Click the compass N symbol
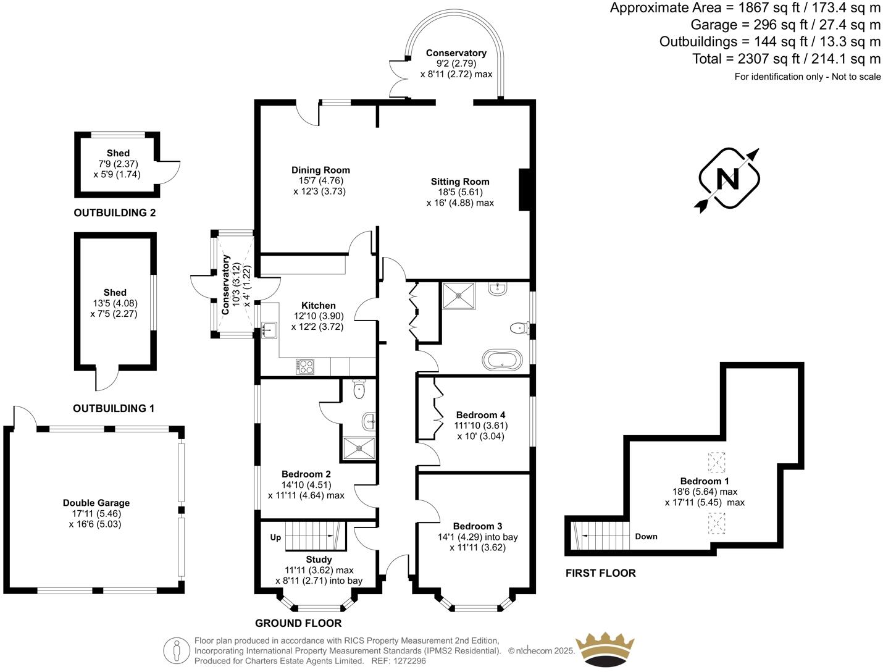point(728,180)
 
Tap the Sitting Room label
point(460,182)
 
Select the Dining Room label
point(320,170)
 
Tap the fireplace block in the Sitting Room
point(524,190)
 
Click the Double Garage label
point(96,503)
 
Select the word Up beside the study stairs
point(275,537)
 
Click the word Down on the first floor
point(646,536)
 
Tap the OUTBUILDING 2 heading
point(115,213)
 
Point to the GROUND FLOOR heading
point(298,623)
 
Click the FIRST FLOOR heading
point(600,573)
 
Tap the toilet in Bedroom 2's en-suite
point(359,388)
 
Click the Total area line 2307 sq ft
point(786,59)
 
